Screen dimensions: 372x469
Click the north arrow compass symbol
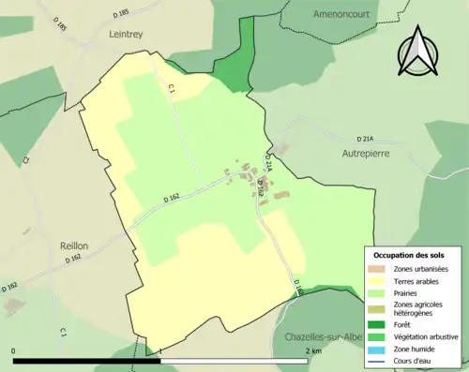[x=418, y=52]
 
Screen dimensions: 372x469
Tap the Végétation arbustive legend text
[x=430, y=336]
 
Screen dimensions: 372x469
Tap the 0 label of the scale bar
[x=14, y=351]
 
